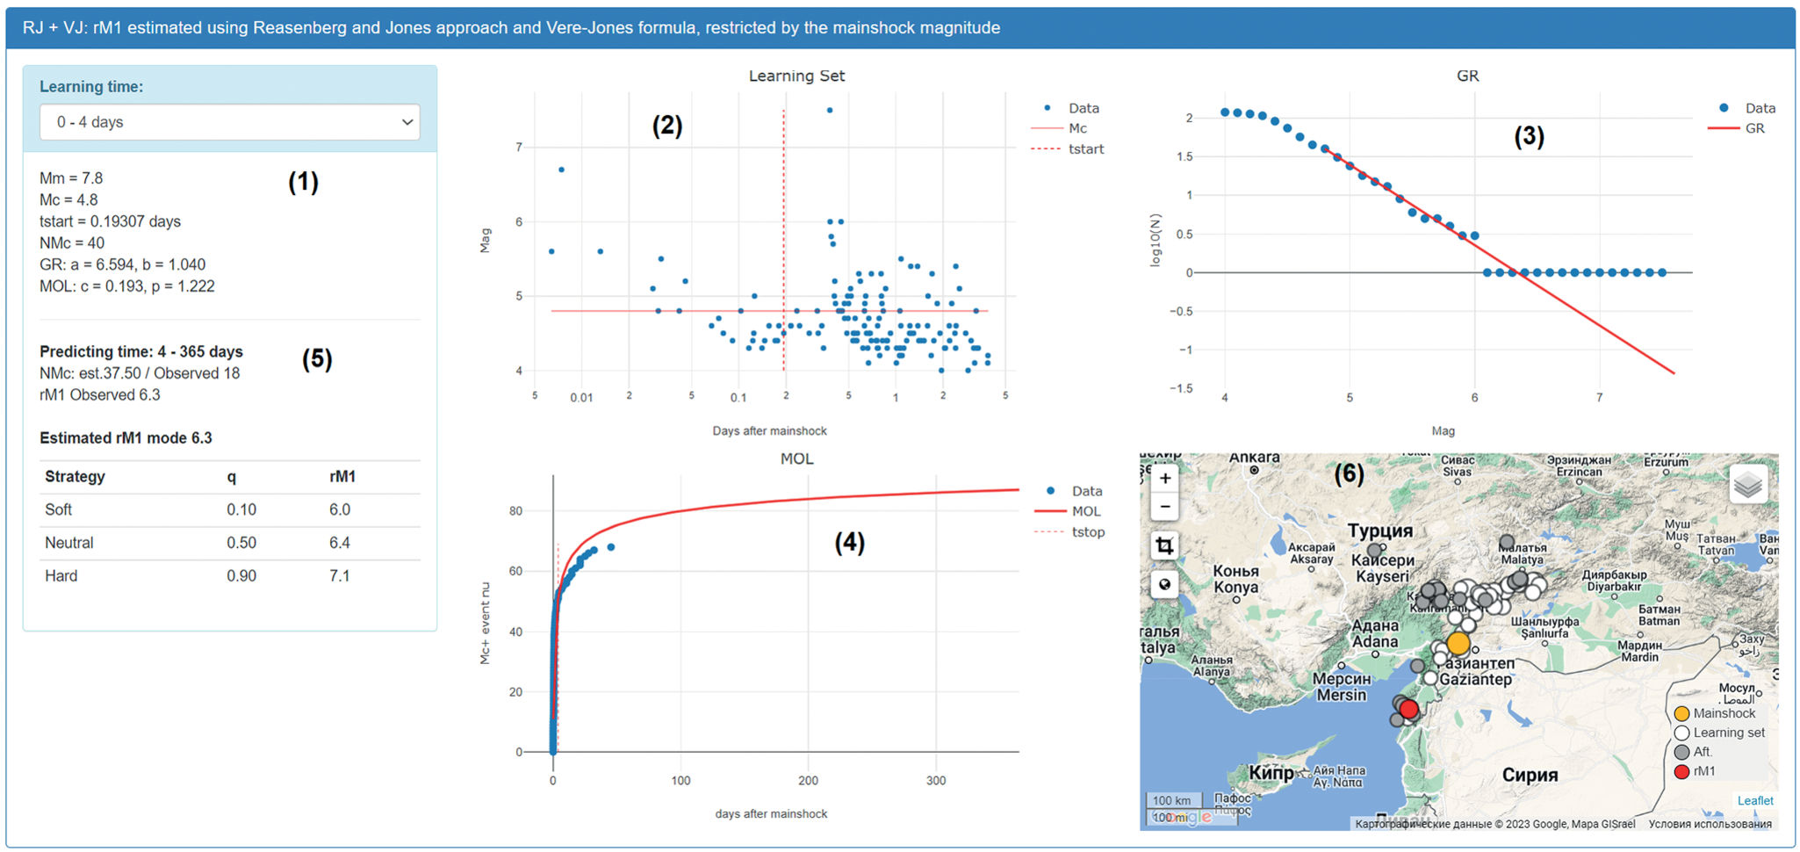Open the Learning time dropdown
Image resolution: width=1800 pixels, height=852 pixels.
229,122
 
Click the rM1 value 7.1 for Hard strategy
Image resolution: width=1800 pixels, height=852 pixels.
340,576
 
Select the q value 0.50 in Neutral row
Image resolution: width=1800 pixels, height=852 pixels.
241,543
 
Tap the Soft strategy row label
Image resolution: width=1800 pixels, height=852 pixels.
58,509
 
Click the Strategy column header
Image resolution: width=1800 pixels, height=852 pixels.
75,477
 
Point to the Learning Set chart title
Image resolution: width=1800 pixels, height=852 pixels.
796,76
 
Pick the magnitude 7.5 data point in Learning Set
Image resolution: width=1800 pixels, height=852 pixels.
830,111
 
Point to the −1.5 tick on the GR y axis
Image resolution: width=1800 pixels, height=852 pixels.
1181,388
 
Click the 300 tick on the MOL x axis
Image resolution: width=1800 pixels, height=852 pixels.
936,781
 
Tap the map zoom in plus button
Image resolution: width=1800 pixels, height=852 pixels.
1164,479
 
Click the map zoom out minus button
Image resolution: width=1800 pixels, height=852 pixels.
1164,507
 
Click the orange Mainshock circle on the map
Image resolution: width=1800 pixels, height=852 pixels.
1458,644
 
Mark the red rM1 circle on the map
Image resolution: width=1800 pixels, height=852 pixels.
1409,709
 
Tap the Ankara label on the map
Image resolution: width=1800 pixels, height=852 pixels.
1254,458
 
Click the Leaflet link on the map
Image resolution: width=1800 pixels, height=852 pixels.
1754,800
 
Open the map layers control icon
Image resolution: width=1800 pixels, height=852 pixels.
1747,485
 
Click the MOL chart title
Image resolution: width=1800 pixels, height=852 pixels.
796,459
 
